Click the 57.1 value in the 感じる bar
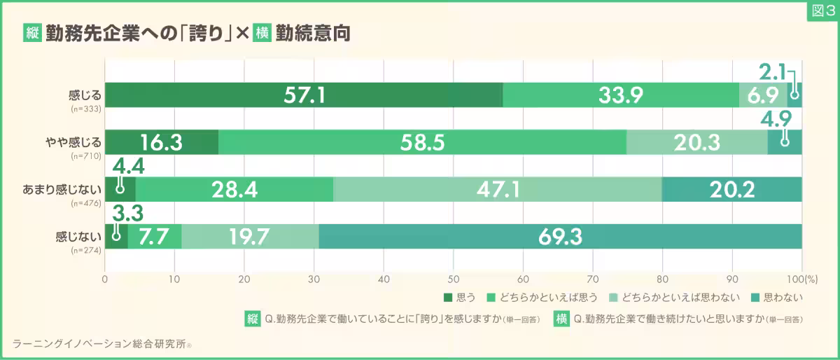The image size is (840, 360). pos(304,95)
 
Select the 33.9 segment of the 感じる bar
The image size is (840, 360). pos(621,95)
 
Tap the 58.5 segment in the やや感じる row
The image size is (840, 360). pos(423,143)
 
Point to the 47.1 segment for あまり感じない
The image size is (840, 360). pos(497,191)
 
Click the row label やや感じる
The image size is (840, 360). pos(80,140)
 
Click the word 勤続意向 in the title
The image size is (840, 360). pos(312,33)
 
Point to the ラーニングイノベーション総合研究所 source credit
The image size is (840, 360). pos(102,343)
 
